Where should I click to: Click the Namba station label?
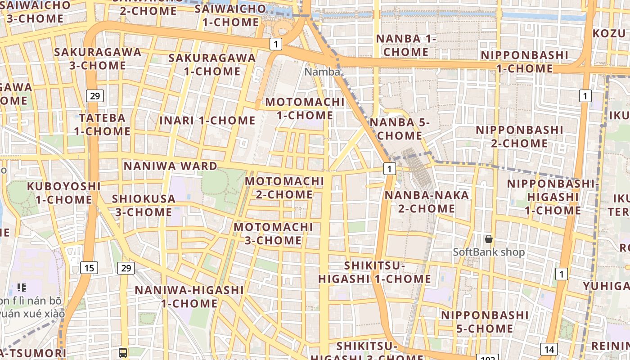pos(322,72)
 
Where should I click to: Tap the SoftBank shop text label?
pos(489,252)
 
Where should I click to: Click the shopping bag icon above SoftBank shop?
pos(489,239)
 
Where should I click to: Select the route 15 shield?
pos(89,268)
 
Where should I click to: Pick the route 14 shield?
pos(549,349)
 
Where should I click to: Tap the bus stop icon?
pos(122,353)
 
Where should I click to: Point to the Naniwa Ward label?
pos(171,166)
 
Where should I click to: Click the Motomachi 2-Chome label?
pos(284,188)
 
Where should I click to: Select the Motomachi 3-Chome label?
pos(273,234)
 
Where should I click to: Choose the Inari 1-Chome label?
pos(207,121)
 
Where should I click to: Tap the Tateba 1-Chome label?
pos(102,125)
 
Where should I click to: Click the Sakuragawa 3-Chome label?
pos(98,58)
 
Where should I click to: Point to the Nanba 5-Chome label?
pos(400,129)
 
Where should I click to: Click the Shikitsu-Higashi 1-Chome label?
pos(374,272)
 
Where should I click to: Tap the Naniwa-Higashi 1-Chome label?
pos(189,297)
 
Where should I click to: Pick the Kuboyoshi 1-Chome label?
pos(63,193)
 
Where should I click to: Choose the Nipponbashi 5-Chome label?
pos(485,322)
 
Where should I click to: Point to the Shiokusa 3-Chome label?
pos(144,205)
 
